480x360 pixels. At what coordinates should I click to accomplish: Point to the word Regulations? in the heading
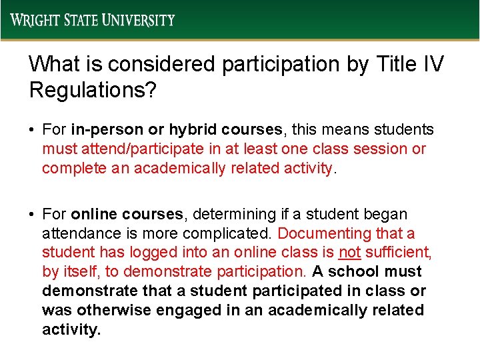pyautogui.click(x=93, y=90)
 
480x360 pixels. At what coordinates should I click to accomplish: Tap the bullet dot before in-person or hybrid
pyautogui.click(x=32, y=129)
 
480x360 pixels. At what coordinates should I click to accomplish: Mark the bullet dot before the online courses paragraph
pyautogui.click(x=32, y=215)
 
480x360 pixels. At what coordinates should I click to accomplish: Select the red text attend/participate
pyautogui.click(x=129, y=149)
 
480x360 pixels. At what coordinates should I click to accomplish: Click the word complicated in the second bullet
pyautogui.click(x=233, y=233)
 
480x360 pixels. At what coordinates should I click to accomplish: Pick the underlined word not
pyautogui.click(x=349, y=253)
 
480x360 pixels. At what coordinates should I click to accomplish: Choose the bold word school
pyautogui.click(x=353, y=272)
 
